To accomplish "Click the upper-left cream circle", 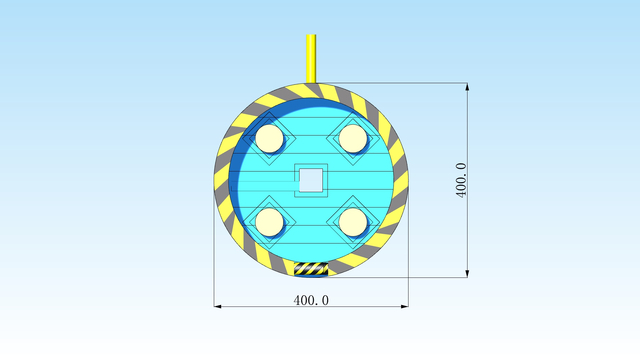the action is click(269, 139).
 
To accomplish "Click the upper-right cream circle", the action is click(353, 139).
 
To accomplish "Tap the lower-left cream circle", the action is click(269, 222).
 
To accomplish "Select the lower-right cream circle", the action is click(353, 222).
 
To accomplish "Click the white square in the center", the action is click(311, 180).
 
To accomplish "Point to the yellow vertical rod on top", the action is click(311, 59).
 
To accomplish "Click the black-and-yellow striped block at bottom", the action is click(311, 269).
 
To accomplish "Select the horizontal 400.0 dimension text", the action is click(311, 300).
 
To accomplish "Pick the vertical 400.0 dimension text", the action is click(461, 180).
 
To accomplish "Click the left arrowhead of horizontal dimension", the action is click(218, 306).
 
